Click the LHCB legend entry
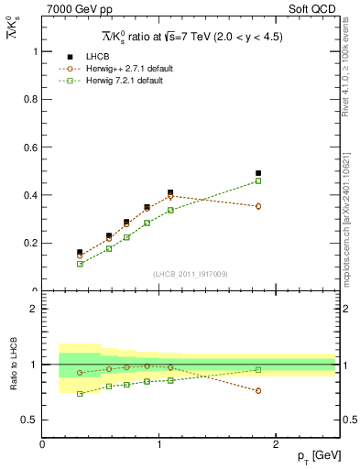(x=96, y=57)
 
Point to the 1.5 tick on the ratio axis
(x=33, y=336)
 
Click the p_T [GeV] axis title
(x=311, y=456)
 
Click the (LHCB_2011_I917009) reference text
(x=190, y=274)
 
